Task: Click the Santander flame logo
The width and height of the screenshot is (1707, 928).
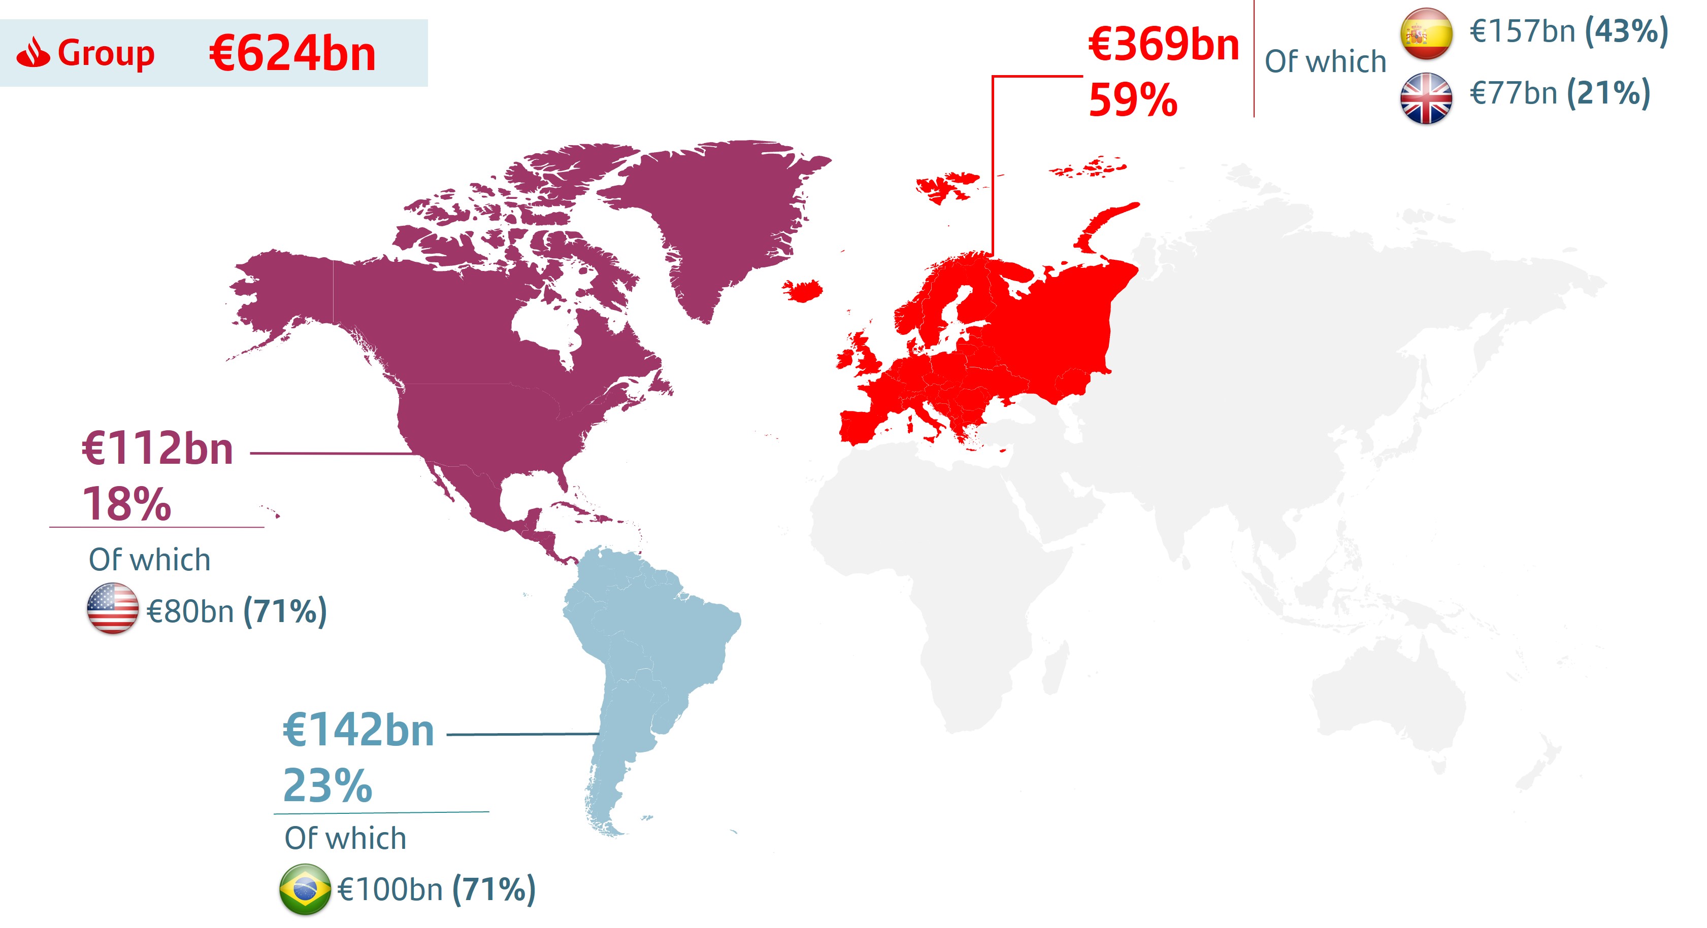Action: click(33, 53)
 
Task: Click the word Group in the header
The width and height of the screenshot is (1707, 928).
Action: click(106, 53)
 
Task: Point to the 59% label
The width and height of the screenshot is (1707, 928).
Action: click(1133, 100)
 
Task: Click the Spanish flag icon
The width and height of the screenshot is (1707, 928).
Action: click(1426, 33)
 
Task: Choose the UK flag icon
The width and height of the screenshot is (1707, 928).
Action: click(1426, 98)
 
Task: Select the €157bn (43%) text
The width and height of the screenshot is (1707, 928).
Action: click(1568, 31)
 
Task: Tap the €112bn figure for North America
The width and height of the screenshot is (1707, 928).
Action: click(158, 449)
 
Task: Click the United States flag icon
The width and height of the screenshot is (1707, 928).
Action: click(113, 608)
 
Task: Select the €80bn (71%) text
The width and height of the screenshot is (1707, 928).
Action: click(237, 611)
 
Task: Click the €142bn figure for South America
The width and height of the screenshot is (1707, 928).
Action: click(358, 730)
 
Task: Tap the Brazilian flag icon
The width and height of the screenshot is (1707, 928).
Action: click(305, 889)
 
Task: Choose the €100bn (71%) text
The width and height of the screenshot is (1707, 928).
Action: click(436, 889)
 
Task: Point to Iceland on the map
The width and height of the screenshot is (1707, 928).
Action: click(803, 290)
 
